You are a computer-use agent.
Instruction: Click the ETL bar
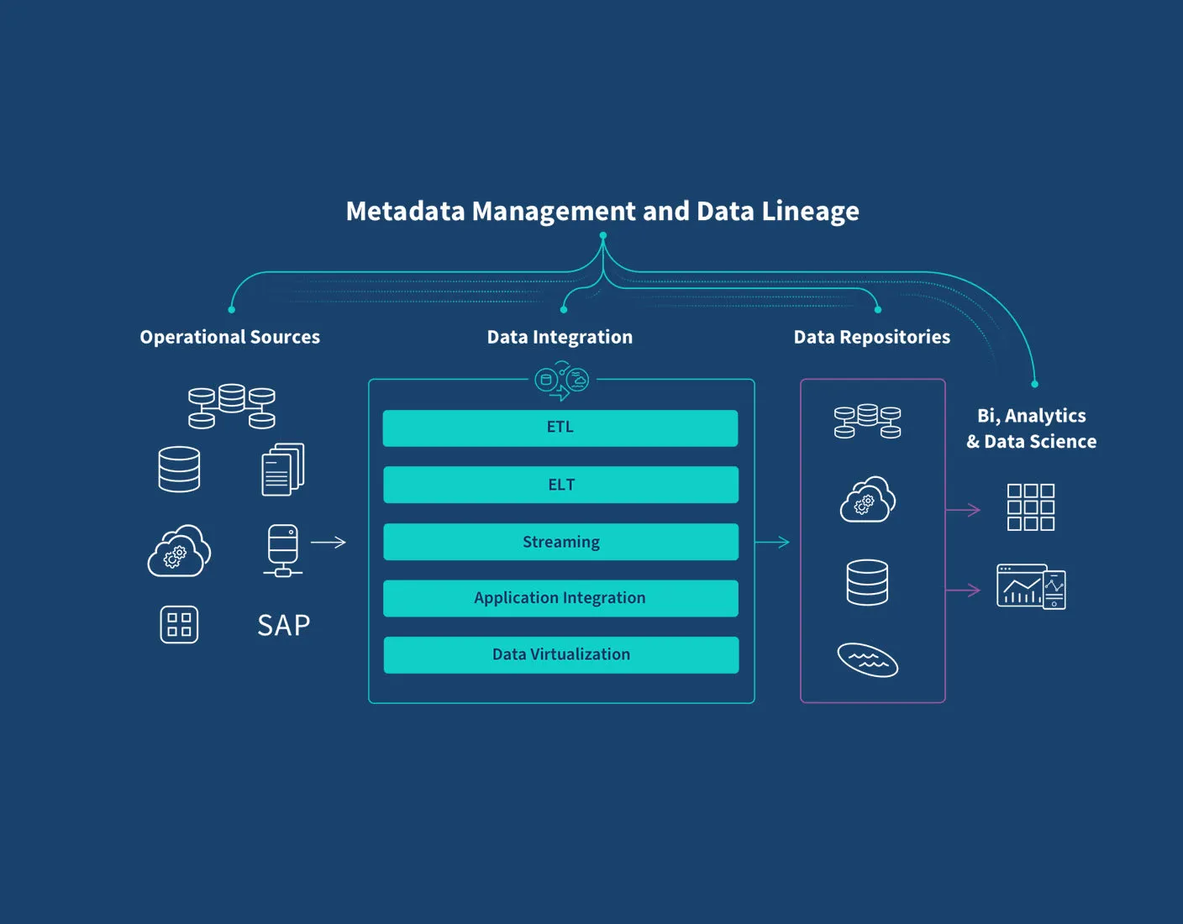(x=560, y=428)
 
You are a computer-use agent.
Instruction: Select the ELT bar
(x=560, y=485)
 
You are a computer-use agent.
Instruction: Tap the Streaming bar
(x=560, y=542)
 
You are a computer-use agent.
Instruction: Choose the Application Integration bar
(x=560, y=598)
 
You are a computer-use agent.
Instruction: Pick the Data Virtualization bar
(x=560, y=654)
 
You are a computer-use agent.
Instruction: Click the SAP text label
(x=284, y=626)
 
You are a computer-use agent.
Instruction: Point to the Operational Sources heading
(x=229, y=337)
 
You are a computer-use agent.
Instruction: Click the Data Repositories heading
(x=871, y=337)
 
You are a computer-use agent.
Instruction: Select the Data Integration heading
(x=560, y=337)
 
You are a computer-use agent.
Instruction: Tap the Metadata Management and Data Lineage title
(x=602, y=211)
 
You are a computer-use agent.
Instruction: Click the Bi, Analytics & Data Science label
(x=1031, y=428)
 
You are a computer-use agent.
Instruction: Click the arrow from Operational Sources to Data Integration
(x=329, y=543)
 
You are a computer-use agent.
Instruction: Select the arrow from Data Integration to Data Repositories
(x=772, y=543)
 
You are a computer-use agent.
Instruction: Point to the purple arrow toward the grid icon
(x=963, y=510)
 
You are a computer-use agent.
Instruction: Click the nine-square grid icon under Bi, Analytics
(x=1030, y=507)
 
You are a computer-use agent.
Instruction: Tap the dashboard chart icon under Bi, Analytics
(x=1031, y=586)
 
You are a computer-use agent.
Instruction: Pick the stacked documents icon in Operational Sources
(x=283, y=470)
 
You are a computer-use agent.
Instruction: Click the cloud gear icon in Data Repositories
(x=868, y=500)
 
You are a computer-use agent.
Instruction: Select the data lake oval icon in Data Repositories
(x=868, y=659)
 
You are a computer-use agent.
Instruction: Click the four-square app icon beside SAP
(x=179, y=625)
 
